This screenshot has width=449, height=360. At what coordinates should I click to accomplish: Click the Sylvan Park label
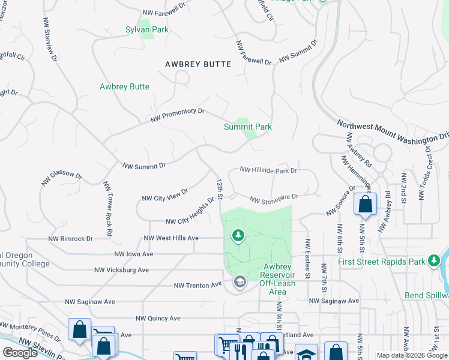pyautogui.click(x=146, y=29)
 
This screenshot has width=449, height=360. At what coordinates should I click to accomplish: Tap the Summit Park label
pyautogui.click(x=247, y=127)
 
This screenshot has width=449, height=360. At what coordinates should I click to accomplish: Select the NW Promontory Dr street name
pyautogui.click(x=178, y=115)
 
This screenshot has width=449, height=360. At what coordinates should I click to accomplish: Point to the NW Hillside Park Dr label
pyautogui.click(x=268, y=170)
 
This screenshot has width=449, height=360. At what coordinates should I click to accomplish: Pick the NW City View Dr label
pyautogui.click(x=164, y=194)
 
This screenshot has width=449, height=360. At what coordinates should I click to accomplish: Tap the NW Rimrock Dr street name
pyautogui.click(x=71, y=238)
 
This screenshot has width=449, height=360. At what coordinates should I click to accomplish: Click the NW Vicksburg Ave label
pyautogui.click(x=123, y=270)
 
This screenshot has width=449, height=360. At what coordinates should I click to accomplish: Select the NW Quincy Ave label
pyautogui.click(x=158, y=318)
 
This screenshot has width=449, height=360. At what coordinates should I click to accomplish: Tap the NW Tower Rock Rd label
pyautogui.click(x=107, y=208)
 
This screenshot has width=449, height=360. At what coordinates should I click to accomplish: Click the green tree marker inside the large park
pyautogui.click(x=238, y=235)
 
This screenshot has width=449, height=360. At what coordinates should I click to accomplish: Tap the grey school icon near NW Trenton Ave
pyautogui.click(x=240, y=283)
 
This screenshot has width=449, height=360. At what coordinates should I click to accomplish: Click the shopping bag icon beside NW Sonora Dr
pyautogui.click(x=365, y=205)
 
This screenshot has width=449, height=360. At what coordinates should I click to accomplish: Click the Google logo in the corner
pyautogui.click(x=20, y=353)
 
